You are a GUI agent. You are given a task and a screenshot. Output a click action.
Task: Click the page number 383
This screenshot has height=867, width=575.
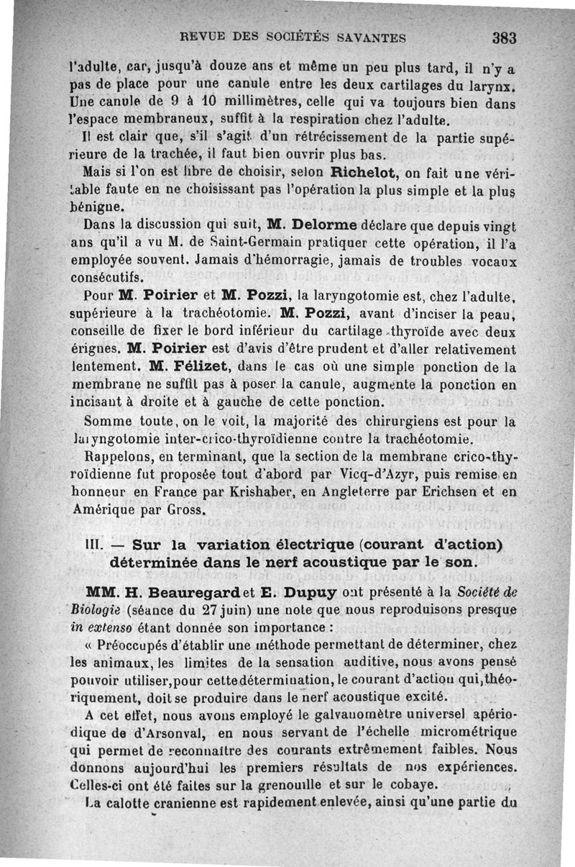[x=505, y=37]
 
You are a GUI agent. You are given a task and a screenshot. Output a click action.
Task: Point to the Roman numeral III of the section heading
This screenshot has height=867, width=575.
[x=95, y=544]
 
